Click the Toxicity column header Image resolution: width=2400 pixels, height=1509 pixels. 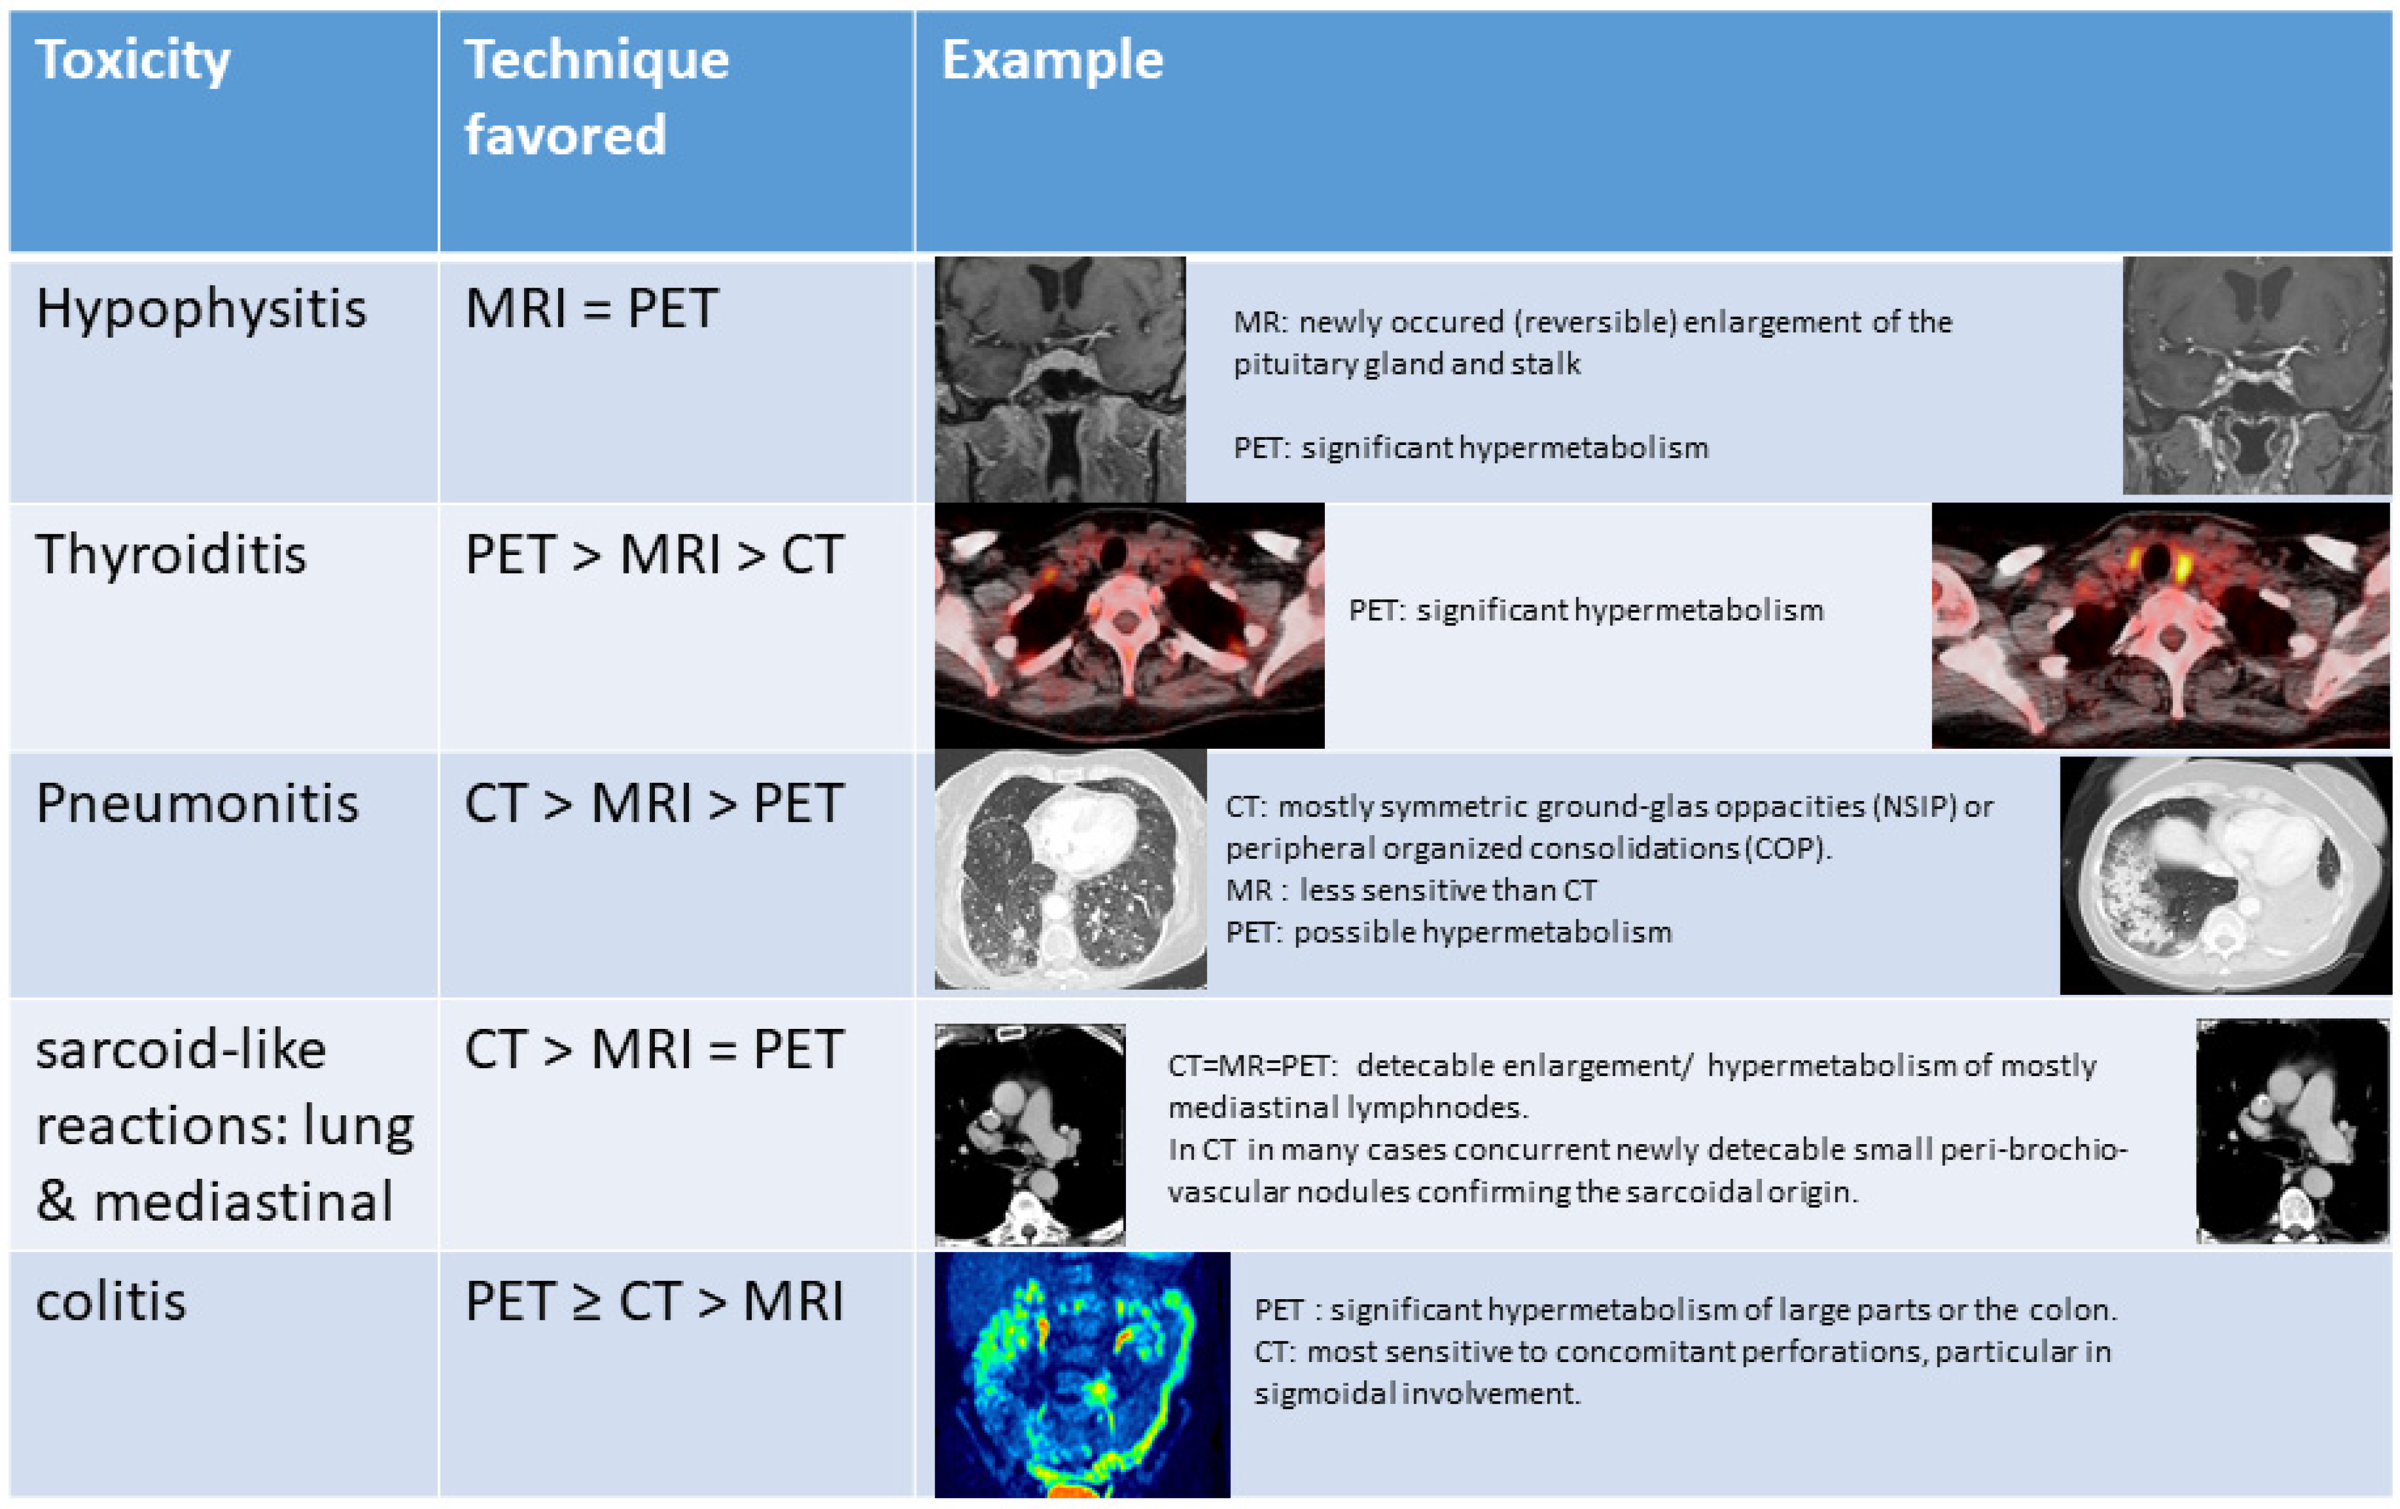coord(133,60)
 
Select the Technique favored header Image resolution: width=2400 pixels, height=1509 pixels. coord(596,97)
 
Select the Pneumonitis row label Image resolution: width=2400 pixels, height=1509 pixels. coord(197,803)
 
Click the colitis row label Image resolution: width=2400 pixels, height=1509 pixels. coord(111,1301)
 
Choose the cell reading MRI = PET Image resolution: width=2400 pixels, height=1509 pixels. coord(591,308)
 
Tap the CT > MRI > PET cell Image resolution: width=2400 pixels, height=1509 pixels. coord(654,803)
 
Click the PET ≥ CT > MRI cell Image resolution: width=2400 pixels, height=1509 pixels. coord(654,1301)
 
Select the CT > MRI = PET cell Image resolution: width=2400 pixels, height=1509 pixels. coord(654,1050)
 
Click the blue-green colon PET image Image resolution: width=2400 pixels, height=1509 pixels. coord(1082,1375)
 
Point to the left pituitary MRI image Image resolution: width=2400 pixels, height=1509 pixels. coord(1060,379)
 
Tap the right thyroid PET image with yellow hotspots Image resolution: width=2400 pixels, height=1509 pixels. coord(2160,625)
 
